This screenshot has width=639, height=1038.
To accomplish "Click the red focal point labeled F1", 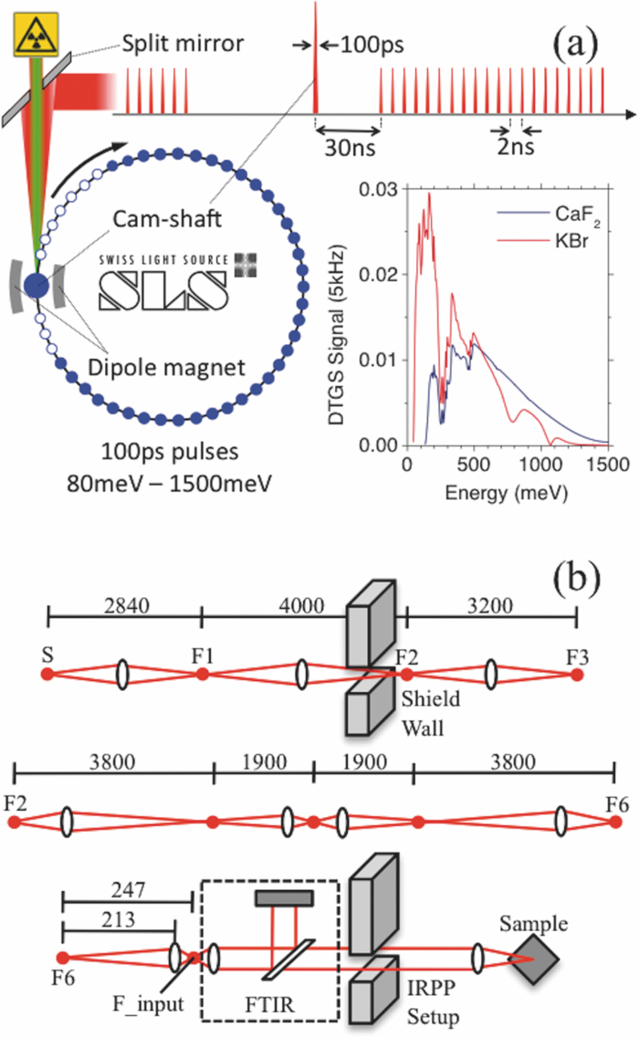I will pyautogui.click(x=203, y=675).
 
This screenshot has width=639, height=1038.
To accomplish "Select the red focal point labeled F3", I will pyautogui.click(x=576, y=675).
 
